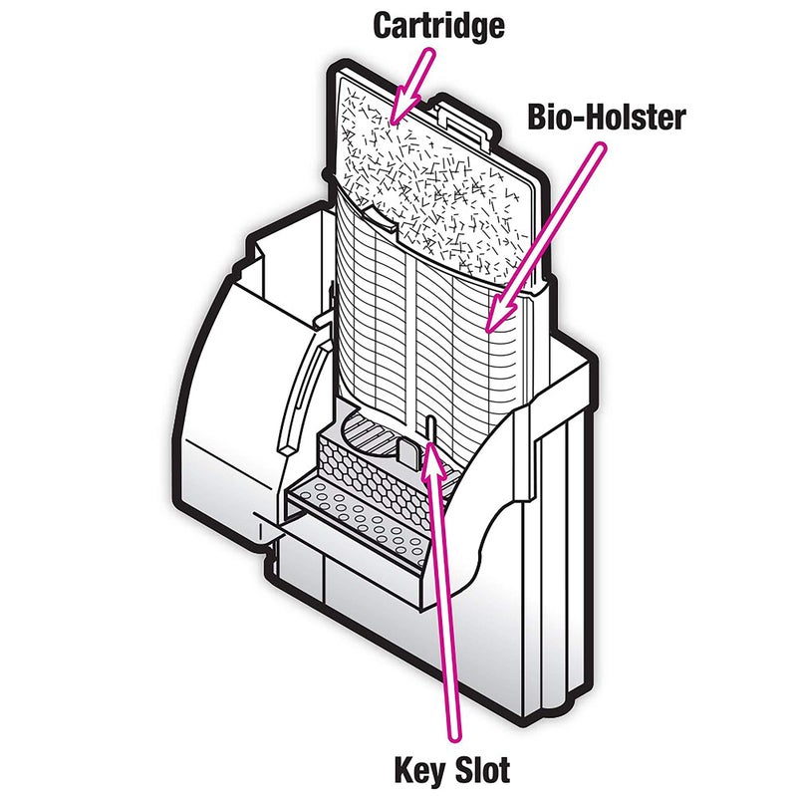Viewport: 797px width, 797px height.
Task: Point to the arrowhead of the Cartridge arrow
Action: tap(398, 112)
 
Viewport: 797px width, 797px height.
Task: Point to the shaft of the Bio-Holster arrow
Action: tap(548, 229)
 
